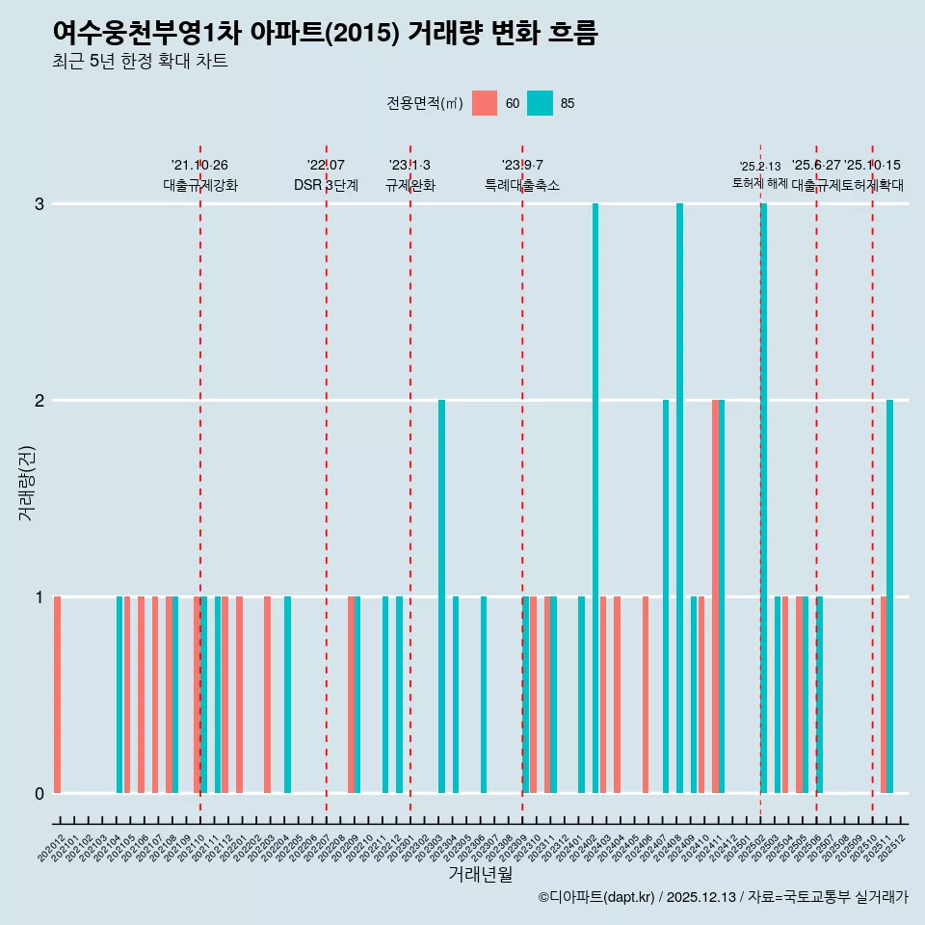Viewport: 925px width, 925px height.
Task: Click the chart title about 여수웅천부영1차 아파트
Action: pyautogui.click(x=325, y=33)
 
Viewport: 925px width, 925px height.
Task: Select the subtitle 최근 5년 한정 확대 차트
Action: pyautogui.click(x=140, y=62)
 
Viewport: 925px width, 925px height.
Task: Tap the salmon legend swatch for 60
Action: pyautogui.click(x=485, y=103)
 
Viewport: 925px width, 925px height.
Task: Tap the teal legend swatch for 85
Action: pyautogui.click(x=541, y=103)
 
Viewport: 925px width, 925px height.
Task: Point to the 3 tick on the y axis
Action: pyautogui.click(x=40, y=204)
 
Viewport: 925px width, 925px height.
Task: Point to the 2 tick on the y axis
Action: pyautogui.click(x=40, y=400)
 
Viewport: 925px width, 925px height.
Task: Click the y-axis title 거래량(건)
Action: pyautogui.click(x=26, y=482)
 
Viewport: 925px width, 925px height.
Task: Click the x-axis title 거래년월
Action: pyautogui.click(x=480, y=874)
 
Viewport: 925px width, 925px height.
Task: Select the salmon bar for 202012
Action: pyautogui.click(x=58, y=694)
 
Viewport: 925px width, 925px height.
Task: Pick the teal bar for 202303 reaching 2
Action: pyautogui.click(x=442, y=595)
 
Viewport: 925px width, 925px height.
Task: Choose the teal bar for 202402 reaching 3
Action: pyautogui.click(x=595, y=497)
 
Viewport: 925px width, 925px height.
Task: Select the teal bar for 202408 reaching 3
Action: pyautogui.click(x=679, y=497)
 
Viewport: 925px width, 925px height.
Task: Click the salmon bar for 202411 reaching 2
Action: pyautogui.click(x=715, y=595)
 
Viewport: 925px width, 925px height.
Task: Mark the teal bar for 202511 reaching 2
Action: pyautogui.click(x=889, y=595)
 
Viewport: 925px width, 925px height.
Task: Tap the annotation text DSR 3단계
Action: pyautogui.click(x=326, y=185)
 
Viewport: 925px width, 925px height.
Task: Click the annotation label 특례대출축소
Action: pyautogui.click(x=521, y=185)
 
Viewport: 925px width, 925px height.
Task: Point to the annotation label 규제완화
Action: pyautogui.click(x=410, y=185)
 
